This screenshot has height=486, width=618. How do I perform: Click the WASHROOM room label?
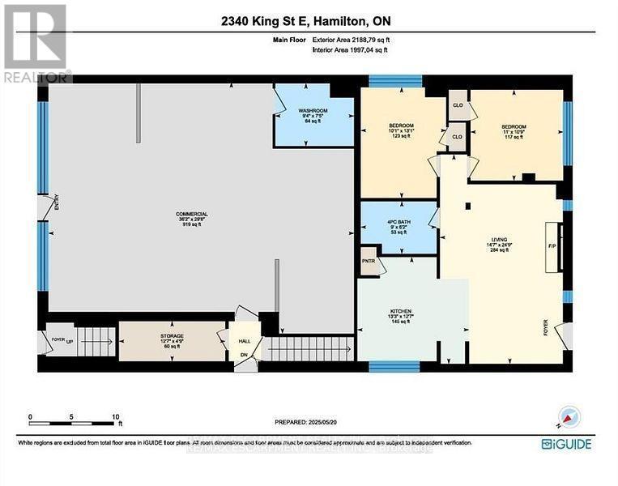click(312, 110)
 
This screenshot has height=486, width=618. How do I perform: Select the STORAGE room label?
click(171, 335)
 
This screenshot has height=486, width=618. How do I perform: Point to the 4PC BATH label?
click(398, 217)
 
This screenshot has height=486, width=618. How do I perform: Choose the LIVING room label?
click(497, 241)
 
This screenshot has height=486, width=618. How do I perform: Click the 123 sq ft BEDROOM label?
click(401, 126)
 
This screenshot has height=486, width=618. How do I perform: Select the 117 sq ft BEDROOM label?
click(513, 127)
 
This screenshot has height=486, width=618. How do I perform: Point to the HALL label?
click(244, 342)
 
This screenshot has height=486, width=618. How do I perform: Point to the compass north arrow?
click(571, 418)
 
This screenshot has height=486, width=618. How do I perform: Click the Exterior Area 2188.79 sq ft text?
click(349, 39)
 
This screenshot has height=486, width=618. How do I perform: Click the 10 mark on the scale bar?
click(117, 417)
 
